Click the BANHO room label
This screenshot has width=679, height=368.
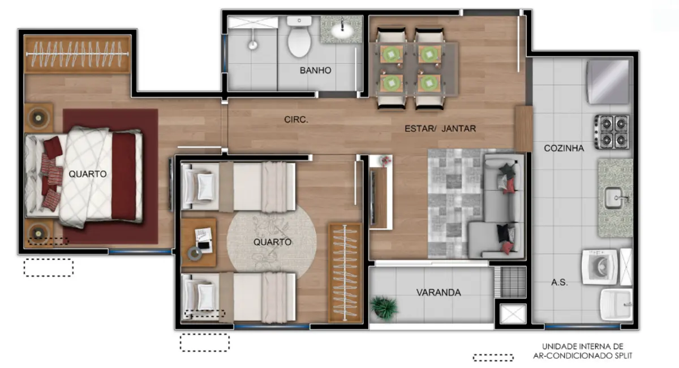click(315, 71)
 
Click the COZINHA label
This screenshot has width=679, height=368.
click(564, 148)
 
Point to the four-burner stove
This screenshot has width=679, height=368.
click(612, 131)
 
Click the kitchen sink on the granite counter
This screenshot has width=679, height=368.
click(616, 198)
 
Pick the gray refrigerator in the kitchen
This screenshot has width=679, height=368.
click(608, 82)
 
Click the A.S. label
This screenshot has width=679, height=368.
click(559, 282)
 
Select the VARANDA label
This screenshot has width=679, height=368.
click(439, 293)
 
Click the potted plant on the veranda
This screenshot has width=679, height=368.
click(384, 307)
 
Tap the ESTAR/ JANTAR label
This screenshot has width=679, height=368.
click(440, 129)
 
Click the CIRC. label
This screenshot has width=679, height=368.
click(296, 119)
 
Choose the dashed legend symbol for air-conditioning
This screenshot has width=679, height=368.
click(493, 358)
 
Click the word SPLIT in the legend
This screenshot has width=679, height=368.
click(620, 356)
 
